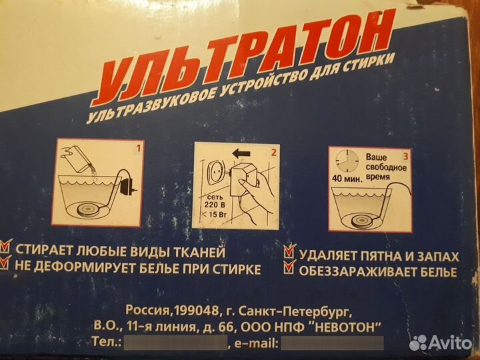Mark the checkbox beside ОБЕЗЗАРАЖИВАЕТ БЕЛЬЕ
[x=289, y=269]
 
